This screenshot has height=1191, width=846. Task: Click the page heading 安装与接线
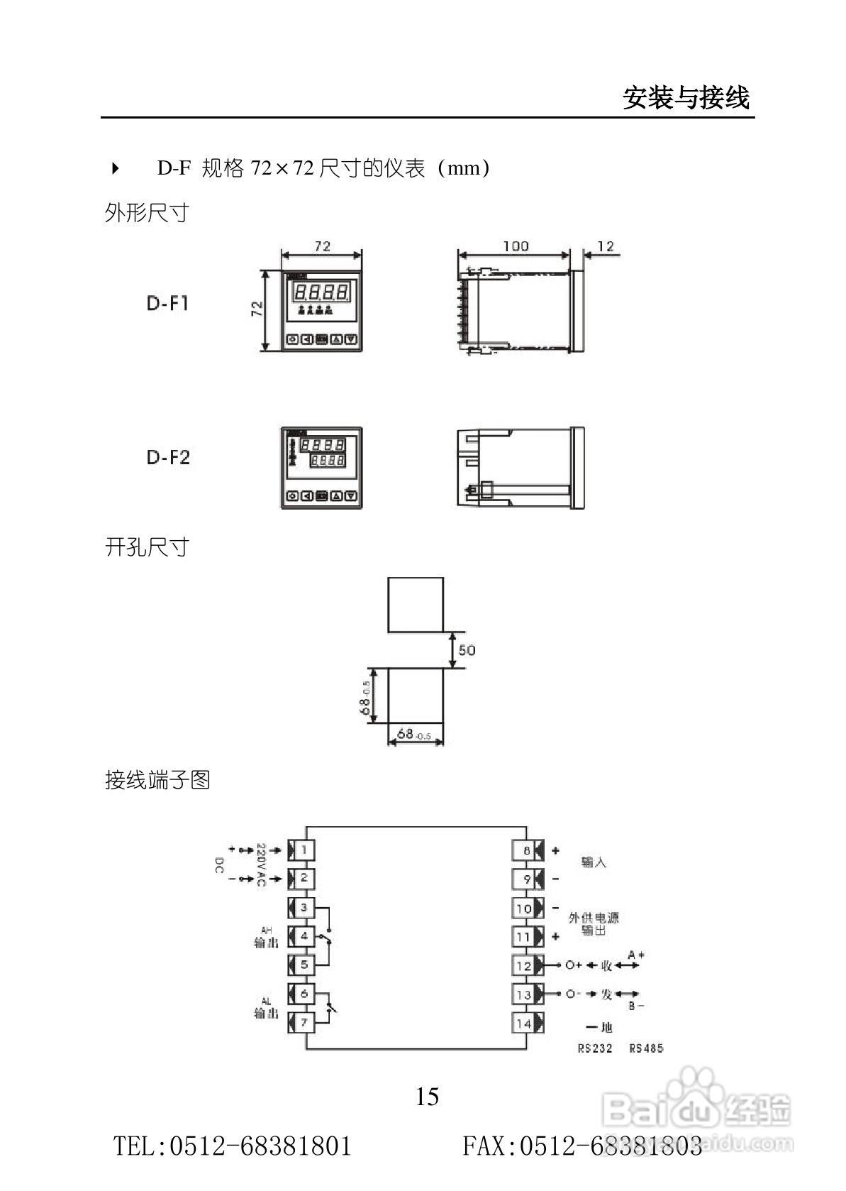pos(686,98)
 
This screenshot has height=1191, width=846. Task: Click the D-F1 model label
pos(168,304)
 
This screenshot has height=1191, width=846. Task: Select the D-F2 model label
pos(168,457)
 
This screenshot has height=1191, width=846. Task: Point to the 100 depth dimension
pos(516,246)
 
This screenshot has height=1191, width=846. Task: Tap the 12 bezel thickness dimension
pos(605,246)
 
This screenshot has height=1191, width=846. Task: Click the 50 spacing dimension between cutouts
pos(467,650)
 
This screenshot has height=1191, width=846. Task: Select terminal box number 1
pos(304,850)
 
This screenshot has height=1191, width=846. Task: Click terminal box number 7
pos(304,1022)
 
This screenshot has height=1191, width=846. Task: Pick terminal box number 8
pos(526,850)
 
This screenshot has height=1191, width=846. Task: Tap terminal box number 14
pos(524,1023)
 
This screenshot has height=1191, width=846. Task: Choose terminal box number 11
pos(523,937)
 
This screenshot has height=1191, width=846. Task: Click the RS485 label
pos(646,1048)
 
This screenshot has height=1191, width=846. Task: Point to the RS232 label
pos(594,1048)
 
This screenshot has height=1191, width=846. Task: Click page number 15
pos(427,1097)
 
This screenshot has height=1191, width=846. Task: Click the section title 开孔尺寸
pos(148,547)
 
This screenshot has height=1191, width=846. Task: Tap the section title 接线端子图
pos(157,780)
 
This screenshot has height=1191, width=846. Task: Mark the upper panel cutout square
pos(416,605)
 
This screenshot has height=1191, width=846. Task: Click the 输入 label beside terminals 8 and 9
pos(594,863)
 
